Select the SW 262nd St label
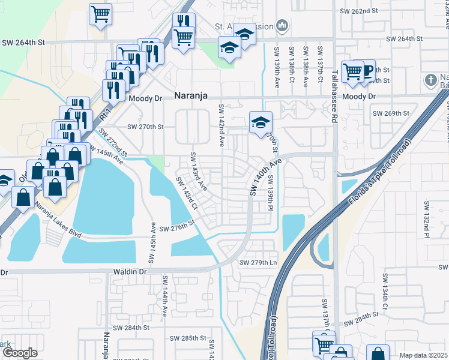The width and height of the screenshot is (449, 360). pyautogui.click(x=358, y=11)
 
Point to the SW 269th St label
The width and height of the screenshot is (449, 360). pyautogui.click(x=390, y=113)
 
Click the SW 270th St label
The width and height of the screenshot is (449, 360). pyautogui.click(x=145, y=127)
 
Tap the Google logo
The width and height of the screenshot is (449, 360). pyautogui.click(x=20, y=353)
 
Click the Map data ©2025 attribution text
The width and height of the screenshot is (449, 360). pyautogui.click(x=423, y=355)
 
